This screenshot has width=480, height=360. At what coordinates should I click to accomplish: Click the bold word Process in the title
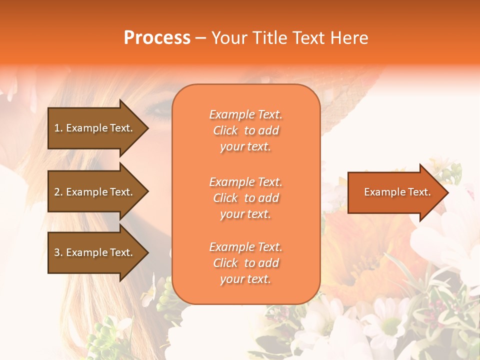[x=157, y=38]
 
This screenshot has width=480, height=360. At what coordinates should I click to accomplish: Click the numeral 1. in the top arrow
[x=58, y=128]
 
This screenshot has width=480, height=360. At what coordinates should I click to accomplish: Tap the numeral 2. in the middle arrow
[x=58, y=192]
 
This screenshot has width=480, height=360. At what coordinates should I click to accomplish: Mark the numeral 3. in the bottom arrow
[x=58, y=252]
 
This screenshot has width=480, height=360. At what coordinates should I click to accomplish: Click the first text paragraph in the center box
[x=245, y=130]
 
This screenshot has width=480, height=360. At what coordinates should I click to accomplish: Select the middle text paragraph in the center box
[x=245, y=198]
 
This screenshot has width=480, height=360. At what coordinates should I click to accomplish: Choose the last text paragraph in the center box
[x=245, y=263]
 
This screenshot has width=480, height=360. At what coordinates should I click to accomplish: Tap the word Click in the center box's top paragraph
[x=225, y=130]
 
